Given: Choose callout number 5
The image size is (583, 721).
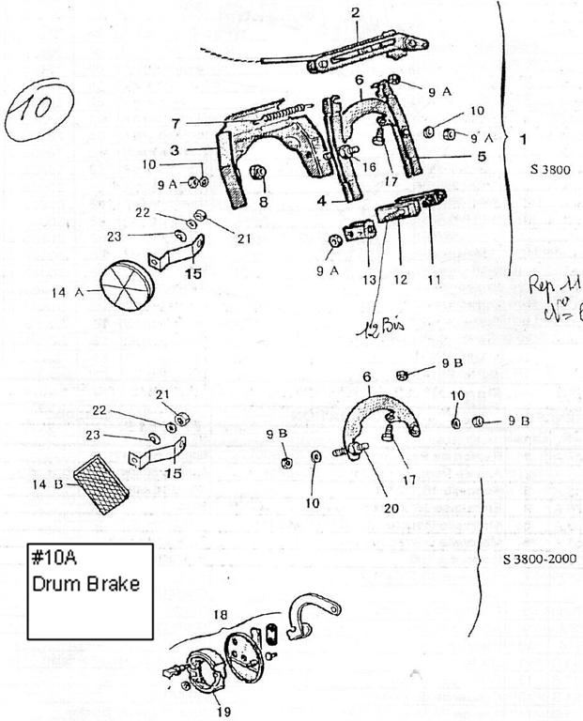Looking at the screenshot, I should point(481,157).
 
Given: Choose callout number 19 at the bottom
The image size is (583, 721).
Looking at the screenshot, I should point(222,711).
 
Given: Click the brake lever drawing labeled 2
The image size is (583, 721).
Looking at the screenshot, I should point(366,56).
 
